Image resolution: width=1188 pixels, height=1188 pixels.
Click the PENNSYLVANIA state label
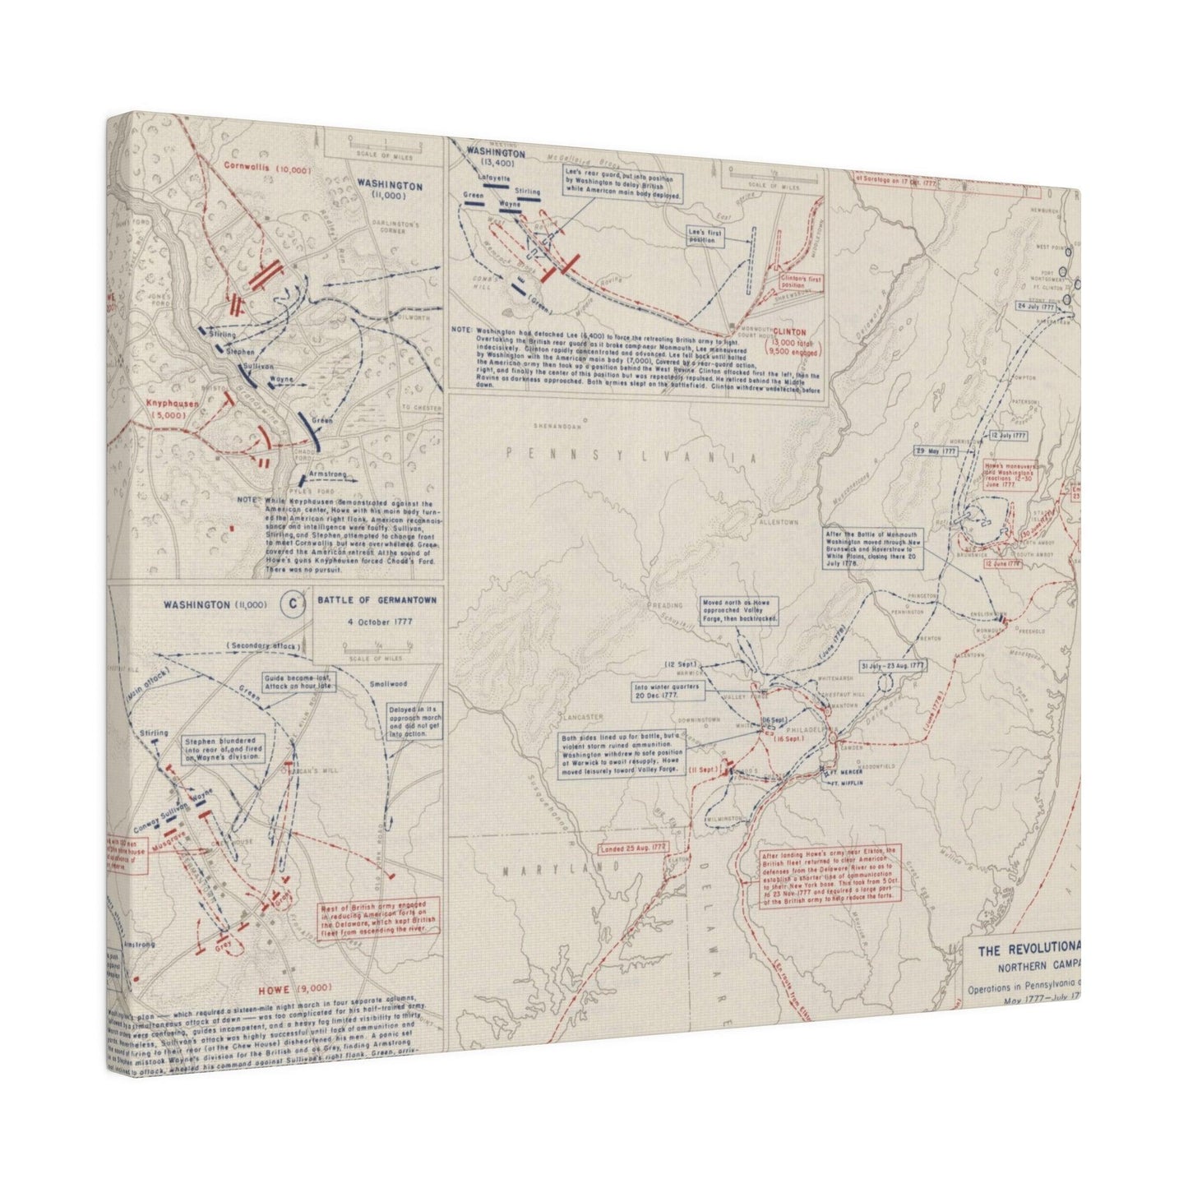(630, 455)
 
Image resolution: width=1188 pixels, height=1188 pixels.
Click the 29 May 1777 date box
(936, 451)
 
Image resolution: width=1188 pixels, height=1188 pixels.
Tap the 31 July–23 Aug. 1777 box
(892, 665)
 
